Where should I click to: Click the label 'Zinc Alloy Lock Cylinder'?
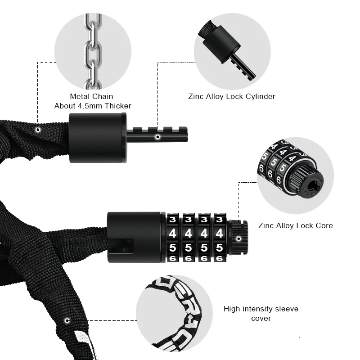pos(231,96)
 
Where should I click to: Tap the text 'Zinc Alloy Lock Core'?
pos(295,225)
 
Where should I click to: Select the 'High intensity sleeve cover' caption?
pos(261,313)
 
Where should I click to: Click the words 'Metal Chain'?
pos(91,96)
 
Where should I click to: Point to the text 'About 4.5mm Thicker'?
pos(93,106)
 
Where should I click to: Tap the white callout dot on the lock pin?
pos(157,136)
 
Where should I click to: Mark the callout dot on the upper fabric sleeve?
pos(38,130)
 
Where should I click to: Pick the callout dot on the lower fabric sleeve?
pos(67,321)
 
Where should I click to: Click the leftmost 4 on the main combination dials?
pos(172,234)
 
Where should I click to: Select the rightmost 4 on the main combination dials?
pos(219,234)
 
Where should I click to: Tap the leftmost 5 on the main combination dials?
pos(172,247)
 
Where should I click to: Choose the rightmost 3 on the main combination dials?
pos(219,220)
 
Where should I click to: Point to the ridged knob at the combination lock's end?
pos(238,238)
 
